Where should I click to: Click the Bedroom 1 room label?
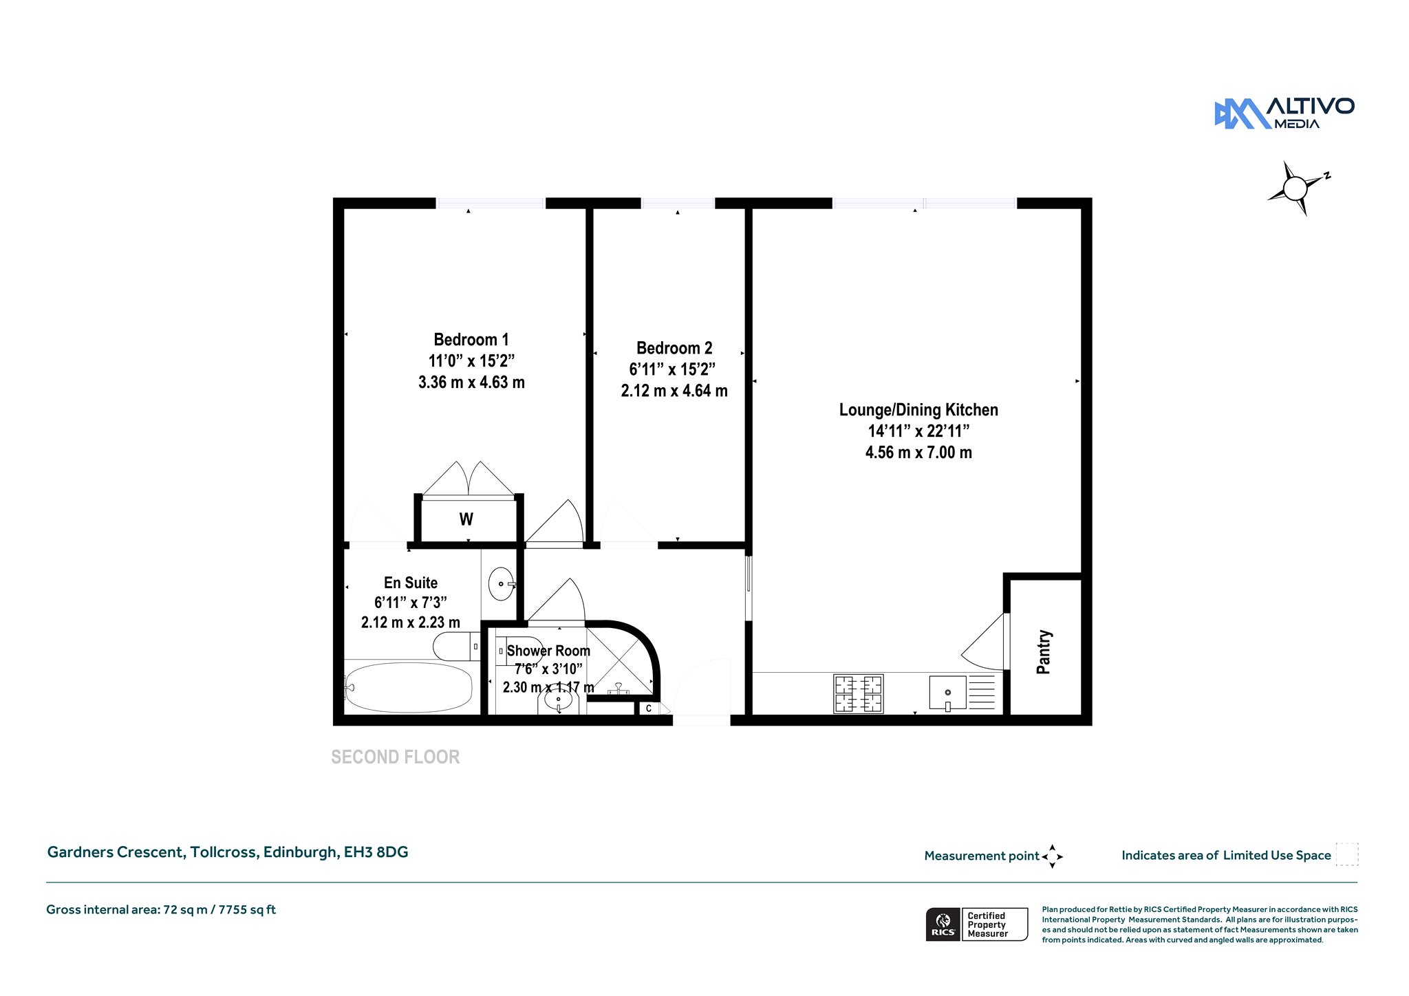[471, 340]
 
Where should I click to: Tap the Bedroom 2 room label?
[674, 348]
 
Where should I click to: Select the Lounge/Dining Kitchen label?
[918, 410]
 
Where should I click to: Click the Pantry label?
[1044, 651]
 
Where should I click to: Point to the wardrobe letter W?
[466, 519]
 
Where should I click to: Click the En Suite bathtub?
[409, 687]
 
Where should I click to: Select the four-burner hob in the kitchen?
[858, 693]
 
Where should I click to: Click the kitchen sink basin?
[947, 693]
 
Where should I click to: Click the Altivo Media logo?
[1284, 113]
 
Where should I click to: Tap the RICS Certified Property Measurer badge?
[976, 924]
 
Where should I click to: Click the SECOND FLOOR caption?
[396, 757]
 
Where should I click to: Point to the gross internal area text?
[161, 910]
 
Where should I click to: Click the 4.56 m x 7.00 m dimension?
[918, 453]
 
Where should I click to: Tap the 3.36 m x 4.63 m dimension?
[471, 382]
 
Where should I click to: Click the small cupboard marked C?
[649, 708]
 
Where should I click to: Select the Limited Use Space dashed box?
[1346, 854]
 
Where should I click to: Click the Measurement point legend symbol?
[1052, 856]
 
